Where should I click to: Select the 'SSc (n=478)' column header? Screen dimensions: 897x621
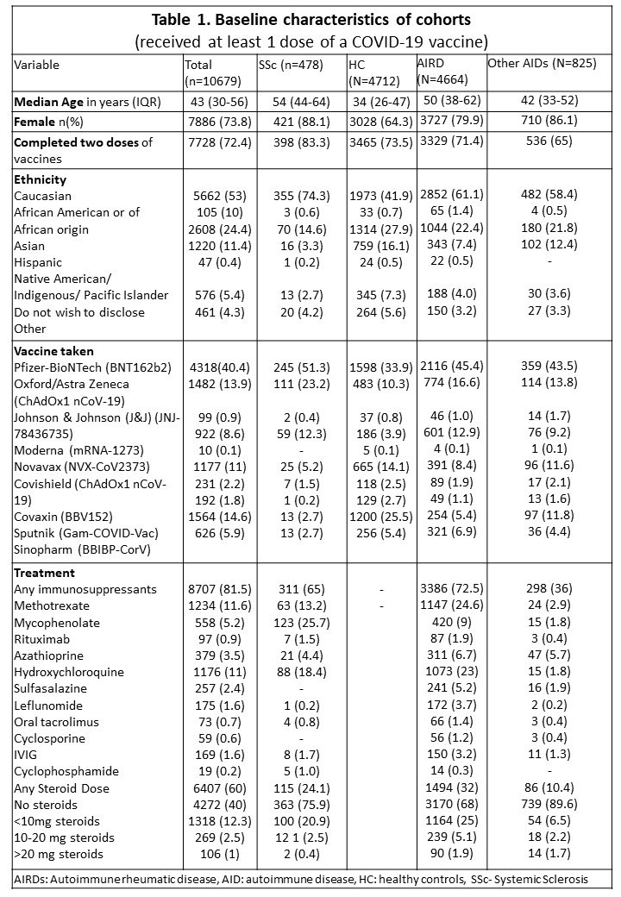click(x=292, y=65)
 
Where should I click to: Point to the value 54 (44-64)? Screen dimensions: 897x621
click(x=293, y=102)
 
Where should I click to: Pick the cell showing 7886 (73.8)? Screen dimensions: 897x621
click(x=216, y=122)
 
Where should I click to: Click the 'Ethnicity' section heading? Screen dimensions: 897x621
click(x=41, y=179)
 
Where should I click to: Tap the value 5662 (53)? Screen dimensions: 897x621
click(x=215, y=197)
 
